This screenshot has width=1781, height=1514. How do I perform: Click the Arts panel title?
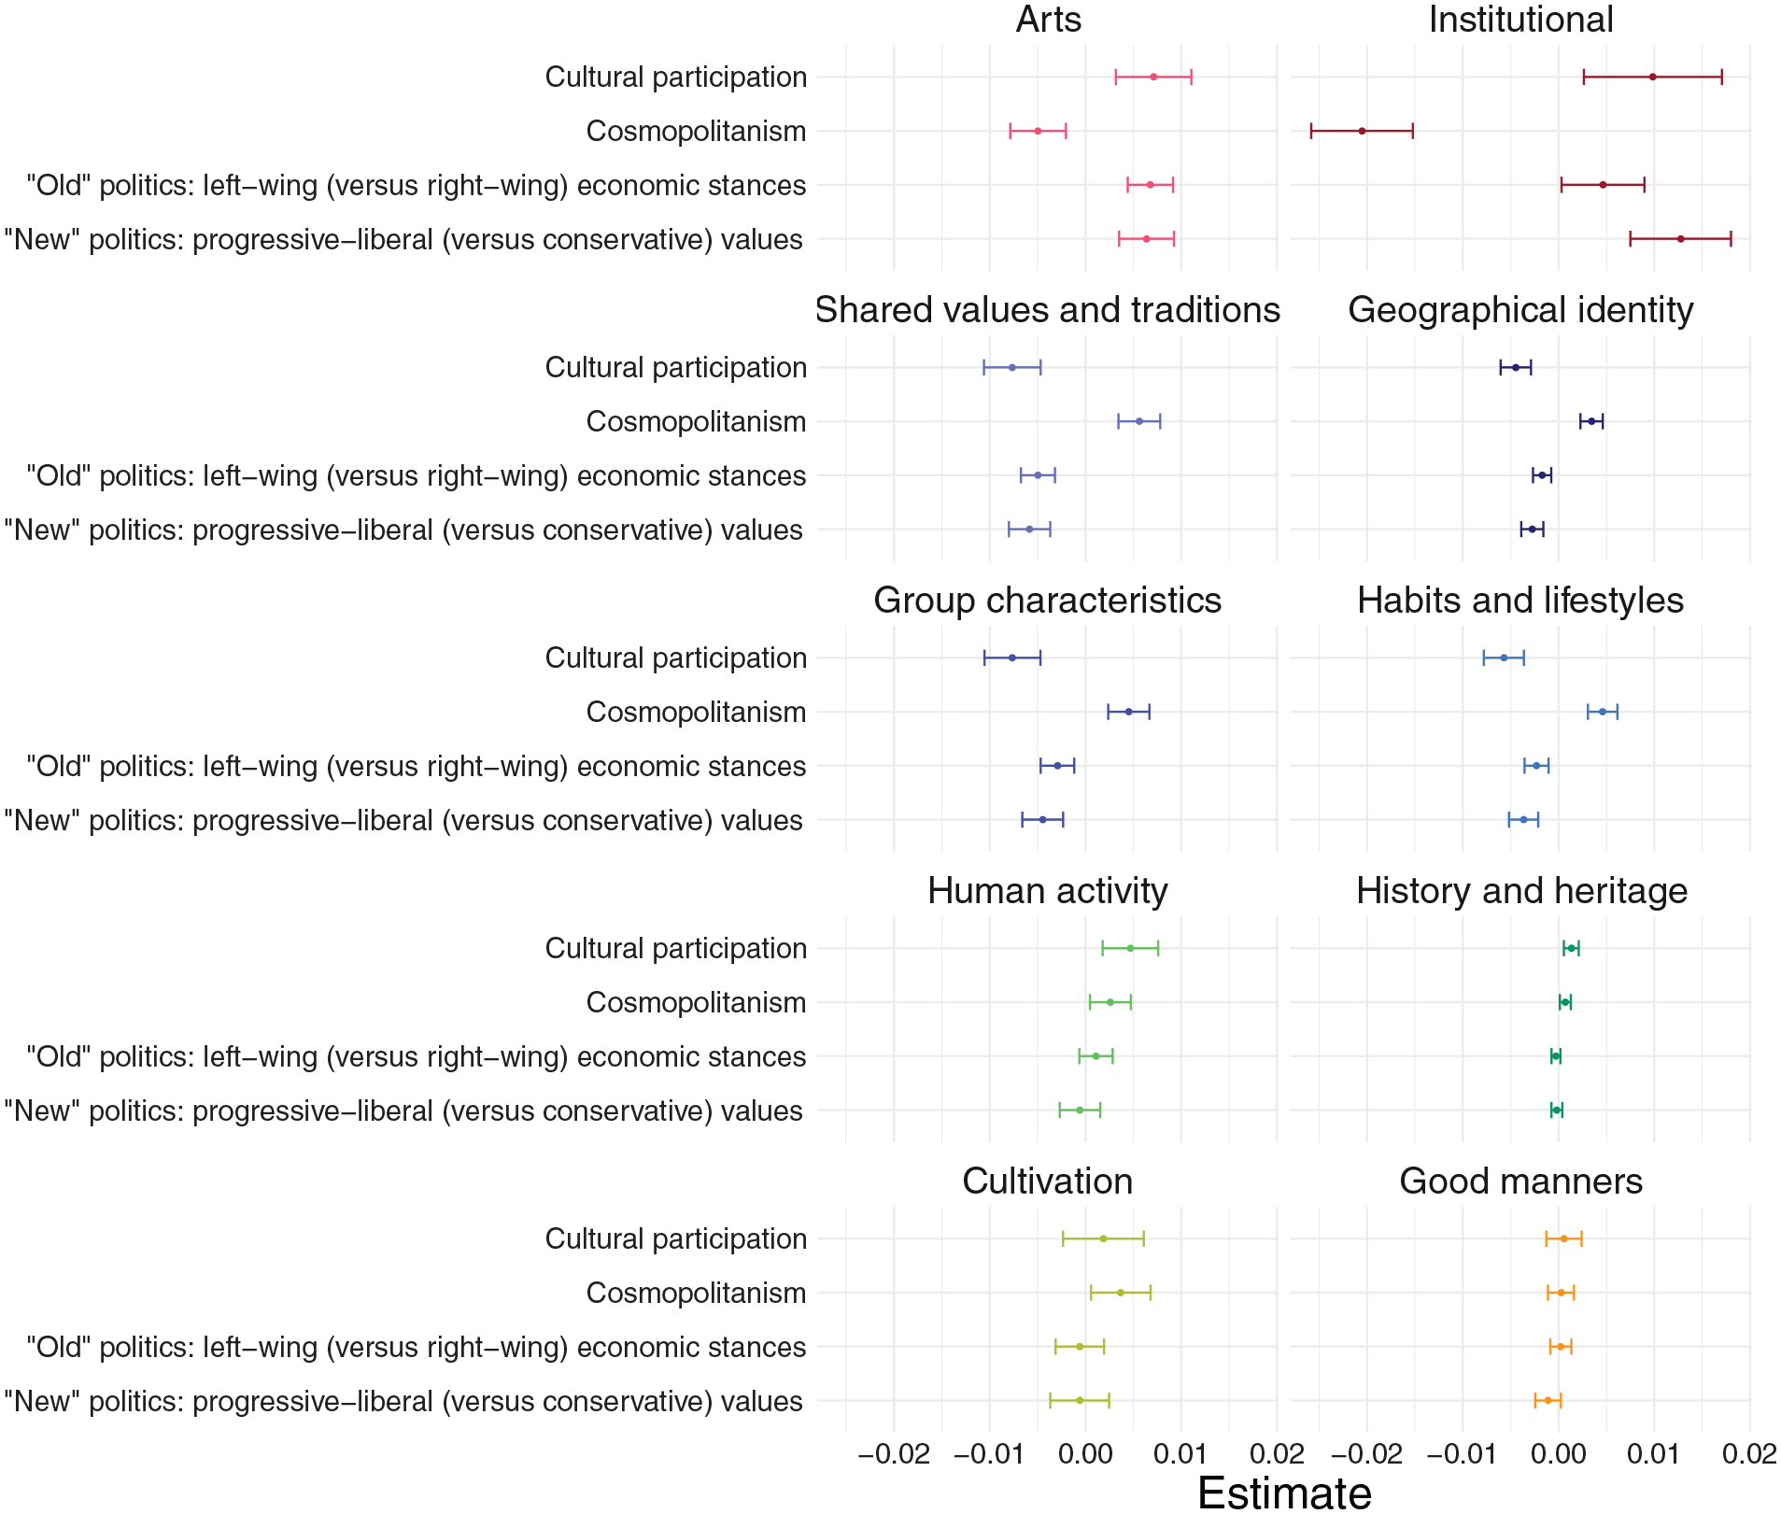click(1048, 20)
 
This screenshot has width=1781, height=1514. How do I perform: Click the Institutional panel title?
click(1520, 20)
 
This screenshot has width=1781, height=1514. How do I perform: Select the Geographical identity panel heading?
click(1520, 311)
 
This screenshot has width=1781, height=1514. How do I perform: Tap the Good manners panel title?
click(1520, 1181)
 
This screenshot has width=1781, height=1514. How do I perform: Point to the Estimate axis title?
click(1284, 1493)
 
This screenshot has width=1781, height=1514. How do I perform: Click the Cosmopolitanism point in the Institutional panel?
click(1362, 131)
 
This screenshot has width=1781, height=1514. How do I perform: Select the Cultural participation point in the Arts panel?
click(1153, 77)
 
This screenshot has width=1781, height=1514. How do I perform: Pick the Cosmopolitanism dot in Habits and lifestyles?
click(1603, 712)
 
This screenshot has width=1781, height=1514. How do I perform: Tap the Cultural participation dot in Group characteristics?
click(1012, 658)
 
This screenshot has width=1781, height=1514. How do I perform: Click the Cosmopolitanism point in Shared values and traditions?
click(1139, 421)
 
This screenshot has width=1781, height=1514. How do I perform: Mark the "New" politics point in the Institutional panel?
click(1681, 239)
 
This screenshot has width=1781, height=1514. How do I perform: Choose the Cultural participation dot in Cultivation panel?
click(1103, 1238)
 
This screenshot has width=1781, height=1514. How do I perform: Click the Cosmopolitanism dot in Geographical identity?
click(1591, 421)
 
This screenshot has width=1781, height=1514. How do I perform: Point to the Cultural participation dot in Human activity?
click(1130, 948)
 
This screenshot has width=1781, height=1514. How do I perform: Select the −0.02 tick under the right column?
click(1366, 1454)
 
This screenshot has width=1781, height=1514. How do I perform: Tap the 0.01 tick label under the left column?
click(1180, 1454)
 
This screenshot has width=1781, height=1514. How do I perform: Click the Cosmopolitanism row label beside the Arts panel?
click(697, 132)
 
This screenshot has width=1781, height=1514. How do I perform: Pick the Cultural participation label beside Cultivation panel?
click(676, 1239)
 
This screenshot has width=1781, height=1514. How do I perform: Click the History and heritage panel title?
click(1521, 892)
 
